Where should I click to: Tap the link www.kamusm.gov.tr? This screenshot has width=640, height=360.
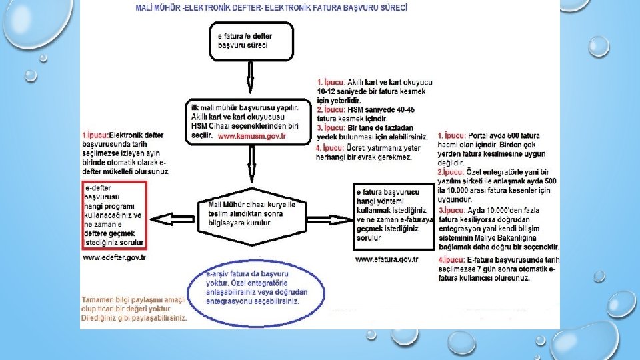[251, 135]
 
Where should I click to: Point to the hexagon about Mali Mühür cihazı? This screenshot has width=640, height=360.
[252, 214]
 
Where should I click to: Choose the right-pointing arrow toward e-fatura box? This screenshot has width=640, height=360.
[329, 219]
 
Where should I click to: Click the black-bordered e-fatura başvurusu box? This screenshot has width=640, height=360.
[393, 215]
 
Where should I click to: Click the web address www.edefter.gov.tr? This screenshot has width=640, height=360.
[114, 257]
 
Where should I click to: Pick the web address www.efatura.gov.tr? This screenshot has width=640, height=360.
[387, 259]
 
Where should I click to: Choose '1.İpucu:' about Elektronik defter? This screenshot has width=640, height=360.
[95, 135]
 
